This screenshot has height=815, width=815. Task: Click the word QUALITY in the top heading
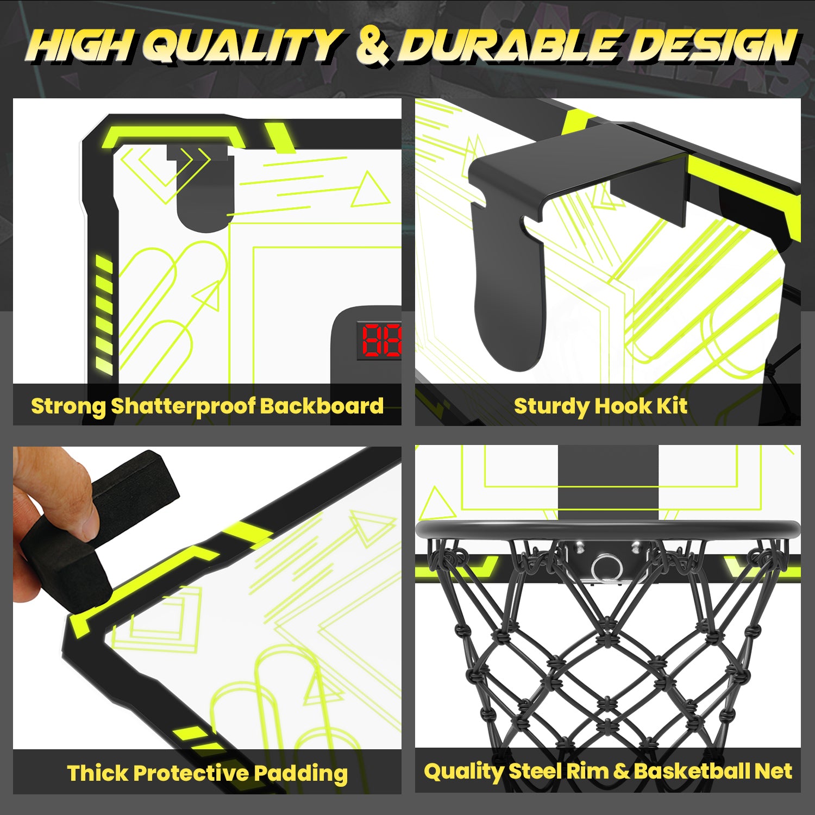tap(243, 45)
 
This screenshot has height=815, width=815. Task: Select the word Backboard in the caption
tap(322, 406)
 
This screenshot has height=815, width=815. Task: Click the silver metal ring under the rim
tap(607, 568)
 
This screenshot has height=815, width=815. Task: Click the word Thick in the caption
tap(98, 773)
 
